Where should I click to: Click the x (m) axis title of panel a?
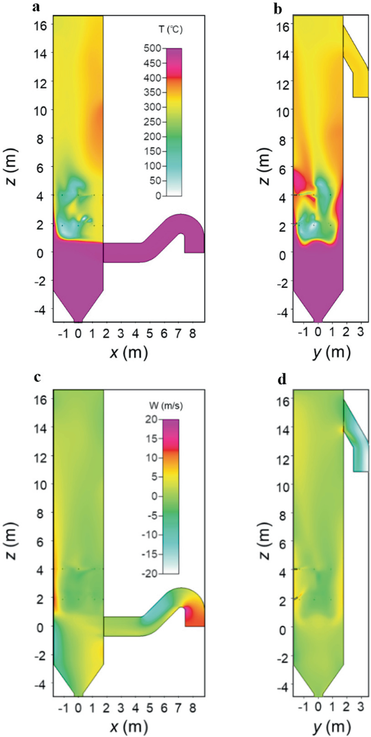[x=129, y=353]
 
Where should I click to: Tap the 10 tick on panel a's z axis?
[x=40, y=110]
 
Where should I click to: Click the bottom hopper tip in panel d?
[x=318, y=695]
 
